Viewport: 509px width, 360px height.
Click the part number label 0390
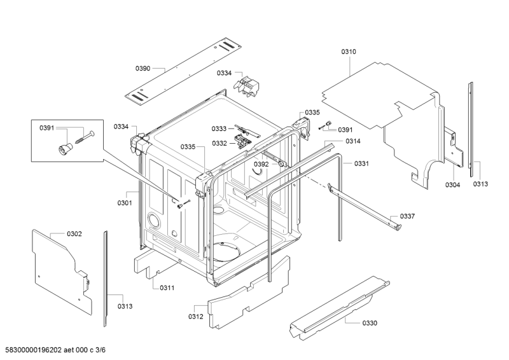tap(143, 68)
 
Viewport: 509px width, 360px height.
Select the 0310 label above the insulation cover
tap(348, 52)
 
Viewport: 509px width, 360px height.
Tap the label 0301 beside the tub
tap(125, 203)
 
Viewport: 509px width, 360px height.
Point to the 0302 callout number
tap(74, 233)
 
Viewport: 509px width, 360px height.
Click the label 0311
tap(167, 287)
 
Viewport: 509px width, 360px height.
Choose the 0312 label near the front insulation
tap(196, 317)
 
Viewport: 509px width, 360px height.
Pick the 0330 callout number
tap(370, 323)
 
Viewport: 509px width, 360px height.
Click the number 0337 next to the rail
tap(407, 216)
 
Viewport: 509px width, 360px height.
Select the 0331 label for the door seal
tap(361, 163)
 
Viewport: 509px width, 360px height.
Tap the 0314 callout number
tap(353, 141)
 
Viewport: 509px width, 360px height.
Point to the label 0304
tap(452, 184)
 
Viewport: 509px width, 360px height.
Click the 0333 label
tap(219, 129)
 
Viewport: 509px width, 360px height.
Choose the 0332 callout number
tap(220, 143)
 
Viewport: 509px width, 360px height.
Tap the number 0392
tap(261, 164)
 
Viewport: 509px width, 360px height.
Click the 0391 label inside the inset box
tap(46, 128)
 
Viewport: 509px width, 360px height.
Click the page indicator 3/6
tap(101, 350)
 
